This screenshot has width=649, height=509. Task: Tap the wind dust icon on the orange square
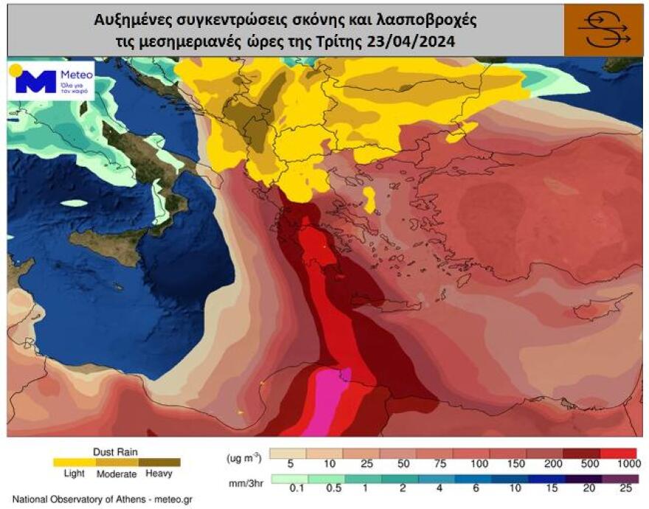pyautogui.click(x=603, y=30)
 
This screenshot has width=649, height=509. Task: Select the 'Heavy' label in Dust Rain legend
pyautogui.click(x=159, y=474)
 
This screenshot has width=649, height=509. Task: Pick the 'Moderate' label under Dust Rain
pyautogui.click(x=117, y=474)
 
